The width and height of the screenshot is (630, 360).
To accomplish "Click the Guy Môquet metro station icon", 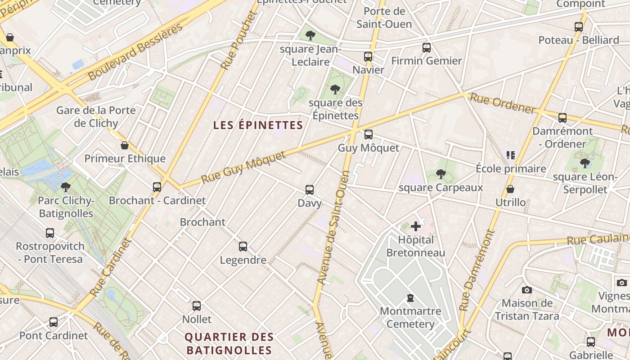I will click(x=368, y=134).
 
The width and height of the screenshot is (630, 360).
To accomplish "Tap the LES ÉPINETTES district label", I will click(x=258, y=125).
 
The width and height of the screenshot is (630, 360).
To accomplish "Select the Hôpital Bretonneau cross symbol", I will click(x=416, y=226).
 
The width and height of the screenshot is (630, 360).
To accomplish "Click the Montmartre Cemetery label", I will click(x=410, y=317).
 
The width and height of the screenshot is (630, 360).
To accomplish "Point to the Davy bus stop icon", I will click(x=310, y=189).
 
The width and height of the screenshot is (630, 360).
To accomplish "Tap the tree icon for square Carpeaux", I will click(x=441, y=174).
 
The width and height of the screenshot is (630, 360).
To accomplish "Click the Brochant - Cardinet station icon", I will click(x=157, y=187).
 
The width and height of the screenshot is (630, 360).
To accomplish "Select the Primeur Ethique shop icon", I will click(x=125, y=145).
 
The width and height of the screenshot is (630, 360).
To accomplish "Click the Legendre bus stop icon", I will click(x=243, y=246).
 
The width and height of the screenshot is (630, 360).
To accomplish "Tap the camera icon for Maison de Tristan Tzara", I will click(x=526, y=290).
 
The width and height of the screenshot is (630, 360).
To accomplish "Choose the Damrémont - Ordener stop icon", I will click(x=562, y=118).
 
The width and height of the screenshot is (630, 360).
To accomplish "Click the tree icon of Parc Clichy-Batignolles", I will click(x=65, y=187).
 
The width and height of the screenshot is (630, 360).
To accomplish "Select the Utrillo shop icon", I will click(x=510, y=189).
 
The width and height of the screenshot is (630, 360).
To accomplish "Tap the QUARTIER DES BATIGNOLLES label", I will click(x=229, y=343).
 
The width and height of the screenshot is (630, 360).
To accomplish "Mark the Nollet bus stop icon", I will click(x=197, y=306).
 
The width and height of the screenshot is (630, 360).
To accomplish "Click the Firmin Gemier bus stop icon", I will click(x=426, y=47).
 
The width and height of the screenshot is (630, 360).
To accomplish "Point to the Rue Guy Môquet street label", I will click(x=243, y=167).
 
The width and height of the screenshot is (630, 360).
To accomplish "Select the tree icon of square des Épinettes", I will click(x=335, y=90).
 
